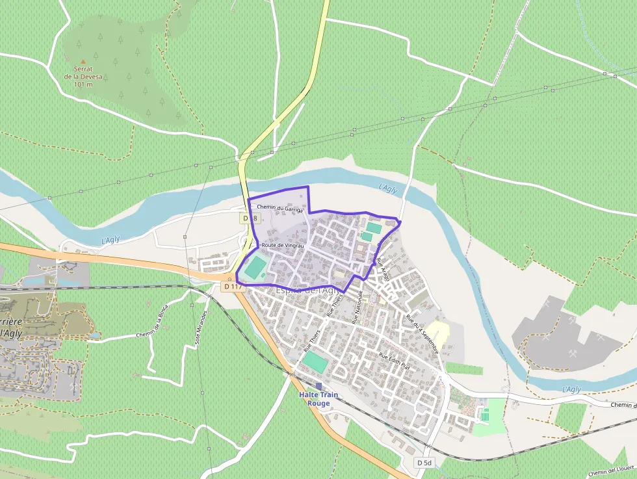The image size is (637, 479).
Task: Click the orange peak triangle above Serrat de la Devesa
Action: [x=83, y=61]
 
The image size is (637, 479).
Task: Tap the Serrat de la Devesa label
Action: [x=83, y=76]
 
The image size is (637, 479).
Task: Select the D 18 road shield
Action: [x=248, y=219]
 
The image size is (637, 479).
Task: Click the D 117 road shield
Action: [x=232, y=286]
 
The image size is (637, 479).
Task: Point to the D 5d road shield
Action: [x=424, y=462]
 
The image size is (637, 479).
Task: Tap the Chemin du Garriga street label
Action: [x=280, y=208]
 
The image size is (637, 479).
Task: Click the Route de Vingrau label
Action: [x=282, y=245]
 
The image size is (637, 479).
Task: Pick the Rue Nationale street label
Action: [x=356, y=307]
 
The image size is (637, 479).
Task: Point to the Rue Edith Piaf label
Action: [x=394, y=361]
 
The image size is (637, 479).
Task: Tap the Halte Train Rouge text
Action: [x=318, y=399]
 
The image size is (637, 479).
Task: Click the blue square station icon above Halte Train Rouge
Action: [x=318, y=386]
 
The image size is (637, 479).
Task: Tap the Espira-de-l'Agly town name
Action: [x=305, y=291]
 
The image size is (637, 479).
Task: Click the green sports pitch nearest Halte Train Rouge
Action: [x=316, y=362]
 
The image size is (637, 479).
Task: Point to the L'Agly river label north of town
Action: [x=388, y=188]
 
